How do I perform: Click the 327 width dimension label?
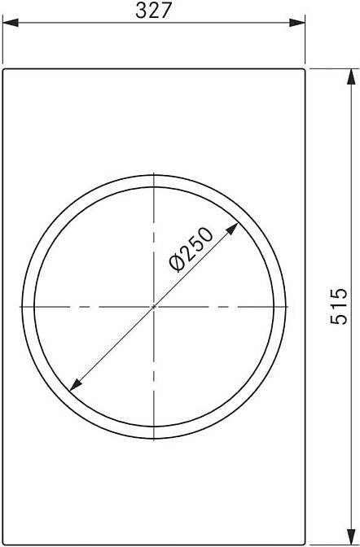[154, 11]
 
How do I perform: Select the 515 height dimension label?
[339, 306]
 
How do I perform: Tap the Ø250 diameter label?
[191, 249]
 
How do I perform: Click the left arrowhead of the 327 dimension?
[11, 23]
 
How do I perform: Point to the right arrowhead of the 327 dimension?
[297, 23]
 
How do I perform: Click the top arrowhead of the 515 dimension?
[351, 77]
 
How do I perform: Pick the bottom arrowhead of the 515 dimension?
[351, 536]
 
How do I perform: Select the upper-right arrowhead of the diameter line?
[233, 229]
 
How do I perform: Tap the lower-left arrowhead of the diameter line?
[76, 384]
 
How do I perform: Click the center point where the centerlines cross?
[154, 307]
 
